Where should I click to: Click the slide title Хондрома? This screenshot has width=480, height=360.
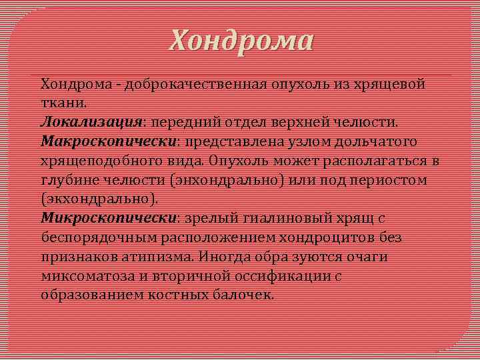240,41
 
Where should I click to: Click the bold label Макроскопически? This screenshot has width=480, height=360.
109,142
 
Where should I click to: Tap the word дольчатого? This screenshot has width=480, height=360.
366,142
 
